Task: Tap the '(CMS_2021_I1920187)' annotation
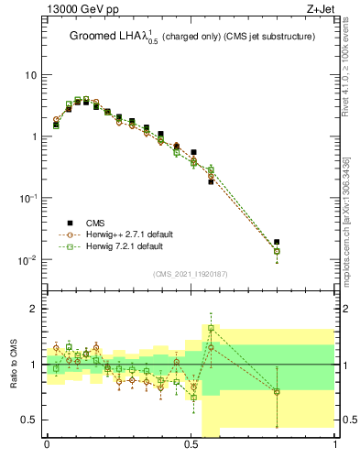(x=191, y=273)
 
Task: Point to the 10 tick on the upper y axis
(x=31, y=74)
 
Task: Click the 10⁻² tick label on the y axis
(x=27, y=260)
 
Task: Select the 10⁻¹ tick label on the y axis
(x=27, y=198)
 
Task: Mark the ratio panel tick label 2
(x=36, y=309)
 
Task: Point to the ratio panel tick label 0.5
(x=31, y=420)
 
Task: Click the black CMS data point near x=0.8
(x=278, y=242)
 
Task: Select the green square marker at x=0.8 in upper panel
(x=278, y=251)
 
